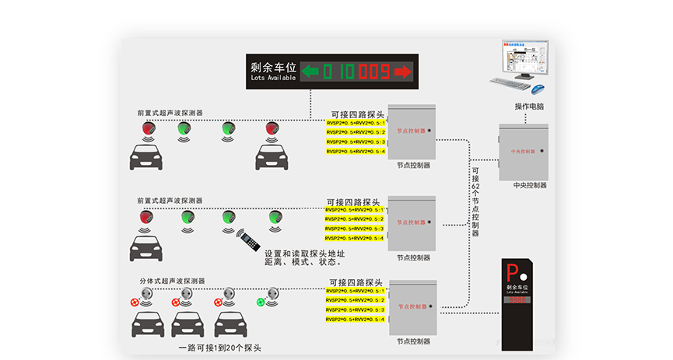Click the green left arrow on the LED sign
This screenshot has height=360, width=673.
(x=310, y=72)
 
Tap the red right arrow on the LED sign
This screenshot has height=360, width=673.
(x=402, y=72)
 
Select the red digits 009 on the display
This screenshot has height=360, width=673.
(x=374, y=72)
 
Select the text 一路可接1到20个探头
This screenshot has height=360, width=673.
(x=219, y=348)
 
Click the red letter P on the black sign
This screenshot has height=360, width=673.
(x=511, y=273)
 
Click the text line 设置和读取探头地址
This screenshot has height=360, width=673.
(x=304, y=253)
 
